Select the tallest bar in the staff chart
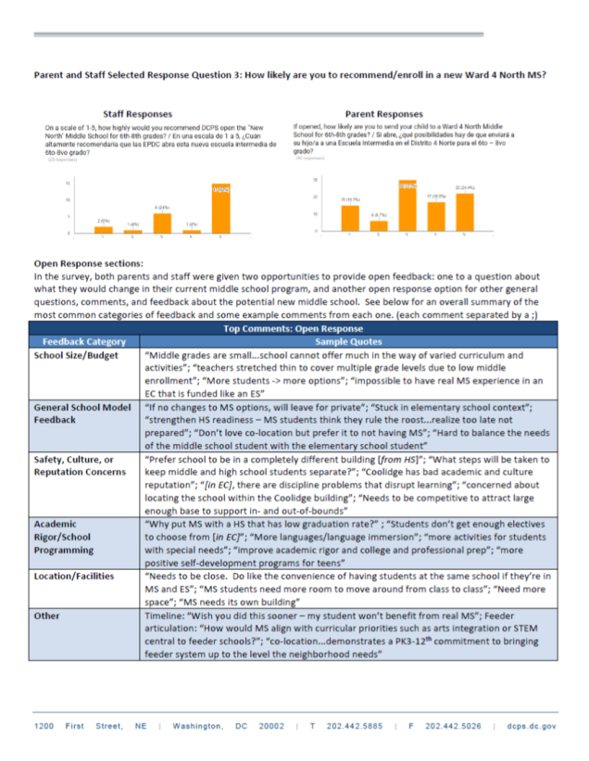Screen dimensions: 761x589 220,209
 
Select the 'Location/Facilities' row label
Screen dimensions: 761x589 74,576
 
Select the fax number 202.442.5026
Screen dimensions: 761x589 454,726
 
